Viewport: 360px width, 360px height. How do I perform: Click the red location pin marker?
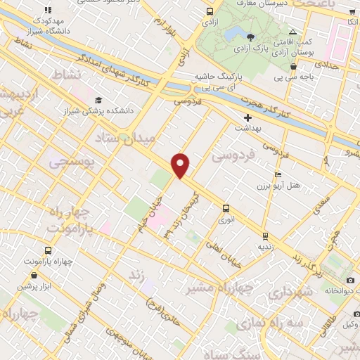point(181,165)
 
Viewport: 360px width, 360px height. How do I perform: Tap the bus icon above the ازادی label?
point(210,11)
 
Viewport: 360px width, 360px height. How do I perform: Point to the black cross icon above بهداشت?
point(247,117)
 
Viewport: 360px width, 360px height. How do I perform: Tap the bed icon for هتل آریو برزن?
point(278,174)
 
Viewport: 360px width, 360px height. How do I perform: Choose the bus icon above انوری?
point(226,208)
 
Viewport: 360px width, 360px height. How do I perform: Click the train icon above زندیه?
point(264,236)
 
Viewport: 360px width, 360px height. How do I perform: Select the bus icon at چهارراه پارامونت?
point(47,250)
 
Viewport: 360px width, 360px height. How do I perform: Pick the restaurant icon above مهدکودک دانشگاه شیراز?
point(47,11)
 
